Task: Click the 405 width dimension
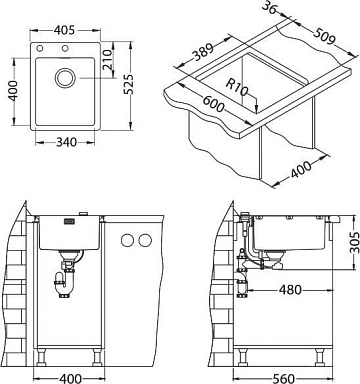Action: [x=64, y=30]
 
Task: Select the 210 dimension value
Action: [x=107, y=60]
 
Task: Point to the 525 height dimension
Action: [x=128, y=84]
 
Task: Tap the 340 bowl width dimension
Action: [x=66, y=142]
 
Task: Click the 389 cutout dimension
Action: [x=204, y=52]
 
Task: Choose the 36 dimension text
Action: [x=269, y=7]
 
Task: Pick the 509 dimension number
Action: [x=324, y=35]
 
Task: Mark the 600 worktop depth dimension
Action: [x=213, y=103]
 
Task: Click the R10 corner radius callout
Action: [x=237, y=87]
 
